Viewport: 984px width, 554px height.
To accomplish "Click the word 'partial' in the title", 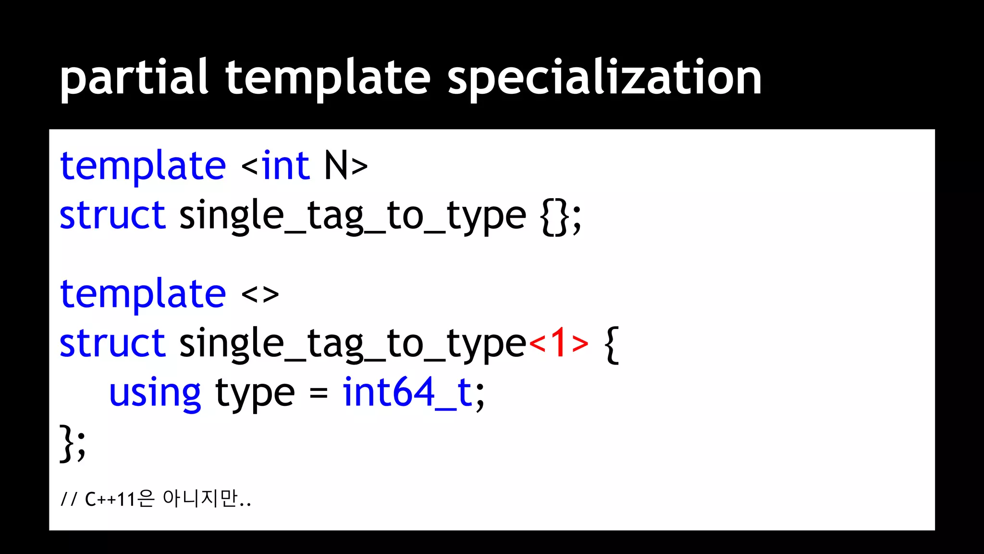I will coord(134,77).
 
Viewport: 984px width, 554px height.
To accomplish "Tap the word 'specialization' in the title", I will coord(604,77).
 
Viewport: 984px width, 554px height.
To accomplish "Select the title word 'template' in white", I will coord(328,77).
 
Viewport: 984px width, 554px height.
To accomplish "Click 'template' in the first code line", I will coord(143,166).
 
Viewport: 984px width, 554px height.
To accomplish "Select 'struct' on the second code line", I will coord(112,215).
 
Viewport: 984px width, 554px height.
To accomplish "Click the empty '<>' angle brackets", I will coord(260,294).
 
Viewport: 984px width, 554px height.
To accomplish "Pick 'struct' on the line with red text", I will coord(112,343).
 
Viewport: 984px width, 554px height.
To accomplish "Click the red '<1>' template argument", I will coord(558,343).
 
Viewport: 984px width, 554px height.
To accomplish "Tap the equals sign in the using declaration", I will coord(318,393).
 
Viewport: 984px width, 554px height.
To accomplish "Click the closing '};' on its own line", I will coord(73,443).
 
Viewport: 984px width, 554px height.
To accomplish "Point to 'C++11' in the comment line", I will coord(110,499).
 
